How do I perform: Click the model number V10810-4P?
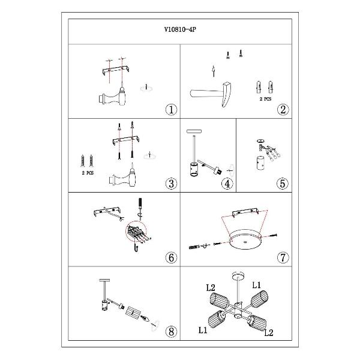180,29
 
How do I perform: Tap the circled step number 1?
171,110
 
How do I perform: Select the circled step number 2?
283,110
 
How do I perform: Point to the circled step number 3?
171,184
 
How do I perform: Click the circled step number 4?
227,184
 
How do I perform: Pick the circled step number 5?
283,184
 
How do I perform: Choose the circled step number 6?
171,257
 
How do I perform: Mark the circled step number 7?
283,257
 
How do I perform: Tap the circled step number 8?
171,332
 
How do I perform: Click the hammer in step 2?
211,94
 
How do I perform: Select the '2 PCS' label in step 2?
265,99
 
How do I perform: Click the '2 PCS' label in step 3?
88,173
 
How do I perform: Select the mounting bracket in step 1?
115,70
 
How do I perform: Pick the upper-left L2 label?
211,287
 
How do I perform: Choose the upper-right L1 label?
256,285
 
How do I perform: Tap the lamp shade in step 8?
133,313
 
